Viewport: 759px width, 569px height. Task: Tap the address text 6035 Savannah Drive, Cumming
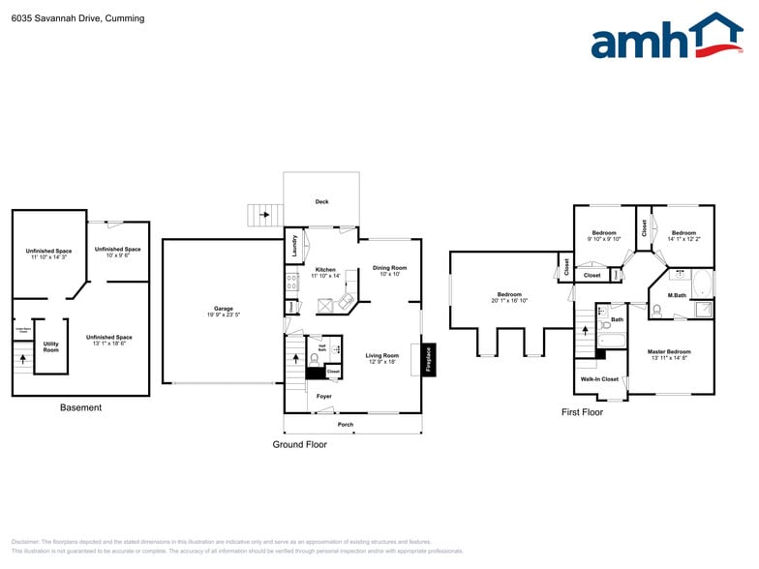click(77, 18)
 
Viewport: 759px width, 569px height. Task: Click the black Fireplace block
click(428, 359)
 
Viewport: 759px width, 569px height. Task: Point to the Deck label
click(321, 202)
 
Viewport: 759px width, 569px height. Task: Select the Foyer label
click(323, 396)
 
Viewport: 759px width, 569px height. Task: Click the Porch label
click(346, 424)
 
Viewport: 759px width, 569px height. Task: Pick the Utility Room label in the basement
click(50, 346)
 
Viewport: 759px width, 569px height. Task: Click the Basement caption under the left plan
click(80, 407)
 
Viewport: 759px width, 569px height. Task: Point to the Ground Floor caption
click(299, 445)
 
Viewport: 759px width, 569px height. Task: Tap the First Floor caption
click(582, 412)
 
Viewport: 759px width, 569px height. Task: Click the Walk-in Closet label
click(599, 378)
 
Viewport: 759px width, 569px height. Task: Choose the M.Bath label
click(677, 295)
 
